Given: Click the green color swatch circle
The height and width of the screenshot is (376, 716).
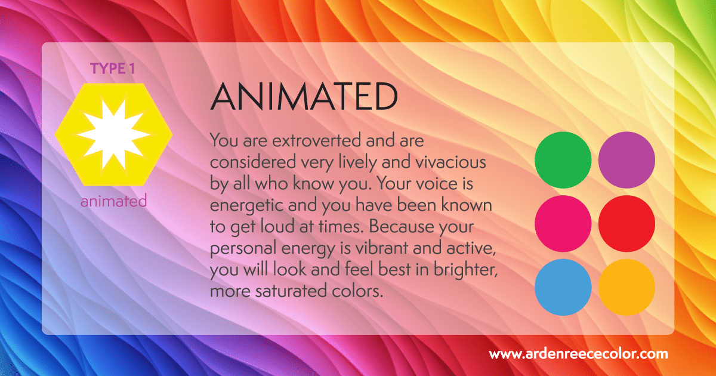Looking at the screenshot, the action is (563, 160).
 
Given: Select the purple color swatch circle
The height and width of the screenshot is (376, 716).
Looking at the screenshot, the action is (626, 160).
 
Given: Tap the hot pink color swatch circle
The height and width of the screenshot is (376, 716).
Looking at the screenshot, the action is (563, 223).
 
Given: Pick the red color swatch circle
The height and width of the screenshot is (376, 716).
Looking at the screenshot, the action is (626, 223).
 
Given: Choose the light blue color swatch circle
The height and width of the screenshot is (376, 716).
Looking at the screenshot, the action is (563, 287).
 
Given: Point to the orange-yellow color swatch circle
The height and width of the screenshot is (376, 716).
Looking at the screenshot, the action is (626, 287).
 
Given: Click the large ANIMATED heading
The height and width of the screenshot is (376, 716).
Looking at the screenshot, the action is (304, 97).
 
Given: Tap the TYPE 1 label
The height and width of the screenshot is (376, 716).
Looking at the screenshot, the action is (113, 69).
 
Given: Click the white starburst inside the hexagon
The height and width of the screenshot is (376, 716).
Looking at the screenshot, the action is (113, 135).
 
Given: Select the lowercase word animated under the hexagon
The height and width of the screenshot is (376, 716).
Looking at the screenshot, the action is (113, 201).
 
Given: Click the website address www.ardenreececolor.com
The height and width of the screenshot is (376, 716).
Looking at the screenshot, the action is (578, 354).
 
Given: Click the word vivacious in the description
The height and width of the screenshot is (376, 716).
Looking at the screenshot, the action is (450, 162).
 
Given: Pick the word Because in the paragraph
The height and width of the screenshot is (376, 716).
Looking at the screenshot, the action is (401, 227).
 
